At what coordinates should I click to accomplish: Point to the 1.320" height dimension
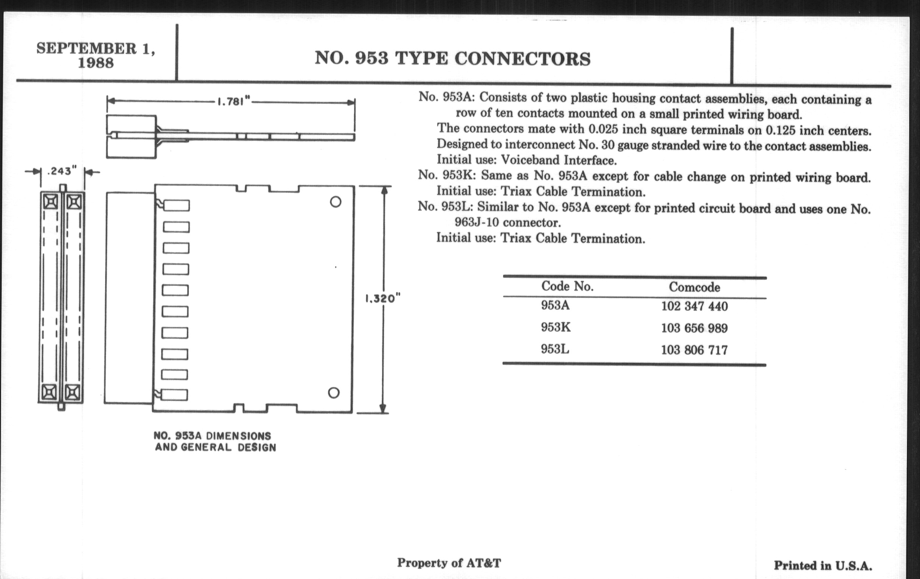382,299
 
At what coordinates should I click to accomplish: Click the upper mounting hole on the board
336,202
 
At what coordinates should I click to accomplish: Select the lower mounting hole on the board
334,392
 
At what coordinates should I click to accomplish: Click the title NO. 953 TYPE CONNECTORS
452,59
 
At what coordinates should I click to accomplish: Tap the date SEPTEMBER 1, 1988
96,55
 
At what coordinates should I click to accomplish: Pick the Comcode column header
694,287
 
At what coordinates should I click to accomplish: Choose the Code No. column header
567,286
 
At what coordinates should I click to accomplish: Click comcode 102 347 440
694,306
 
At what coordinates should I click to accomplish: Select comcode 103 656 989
694,328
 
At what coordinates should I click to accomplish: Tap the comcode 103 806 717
694,350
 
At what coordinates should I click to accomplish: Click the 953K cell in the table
555,327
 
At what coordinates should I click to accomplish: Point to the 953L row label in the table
555,349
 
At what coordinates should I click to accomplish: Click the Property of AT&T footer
449,563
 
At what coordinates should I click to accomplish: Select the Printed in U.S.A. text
823,566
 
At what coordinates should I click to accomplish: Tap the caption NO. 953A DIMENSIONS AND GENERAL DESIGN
215,441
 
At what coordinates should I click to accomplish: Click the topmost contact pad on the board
177,205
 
